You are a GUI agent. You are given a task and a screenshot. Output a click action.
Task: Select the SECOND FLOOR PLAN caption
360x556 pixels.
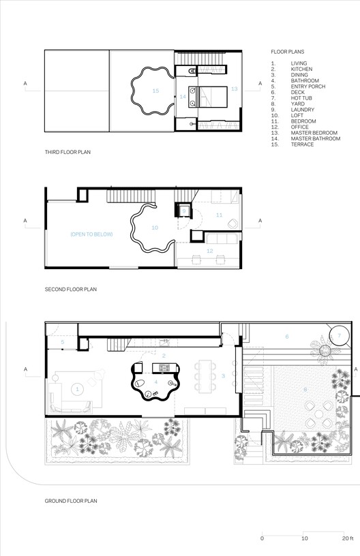point(71,289)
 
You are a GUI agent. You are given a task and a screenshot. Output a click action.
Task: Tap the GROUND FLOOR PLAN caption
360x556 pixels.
point(71,501)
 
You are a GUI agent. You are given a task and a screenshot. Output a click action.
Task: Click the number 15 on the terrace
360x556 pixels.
point(155,90)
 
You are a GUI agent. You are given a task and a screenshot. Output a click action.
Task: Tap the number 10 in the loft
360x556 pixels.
point(155,228)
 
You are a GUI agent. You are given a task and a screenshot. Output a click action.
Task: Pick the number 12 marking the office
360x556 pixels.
point(210,251)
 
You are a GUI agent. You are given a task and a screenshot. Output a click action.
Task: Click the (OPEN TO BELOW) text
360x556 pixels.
point(91,234)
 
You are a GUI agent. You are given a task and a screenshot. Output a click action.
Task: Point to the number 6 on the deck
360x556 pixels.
point(286,337)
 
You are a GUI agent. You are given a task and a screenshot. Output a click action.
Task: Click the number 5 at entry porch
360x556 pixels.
point(62,341)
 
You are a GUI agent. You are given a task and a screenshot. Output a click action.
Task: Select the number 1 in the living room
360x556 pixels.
point(77,389)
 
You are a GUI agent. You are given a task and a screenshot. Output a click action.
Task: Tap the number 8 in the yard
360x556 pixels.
point(305,389)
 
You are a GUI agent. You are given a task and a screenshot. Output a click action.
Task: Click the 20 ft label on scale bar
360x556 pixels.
point(347,538)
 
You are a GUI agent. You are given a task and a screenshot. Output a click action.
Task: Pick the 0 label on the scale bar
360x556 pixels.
point(262,538)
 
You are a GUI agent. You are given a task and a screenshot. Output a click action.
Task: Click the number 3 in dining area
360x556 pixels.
point(222,375)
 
